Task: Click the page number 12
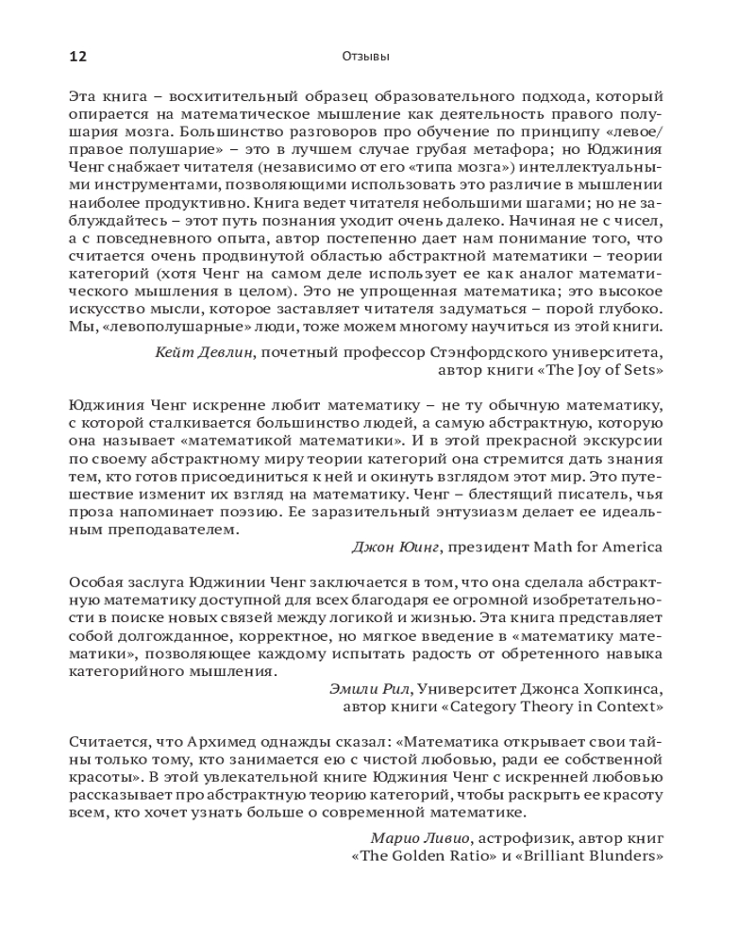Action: click(x=77, y=57)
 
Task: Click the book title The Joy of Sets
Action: click(x=600, y=370)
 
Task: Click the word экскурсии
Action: click(x=627, y=440)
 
